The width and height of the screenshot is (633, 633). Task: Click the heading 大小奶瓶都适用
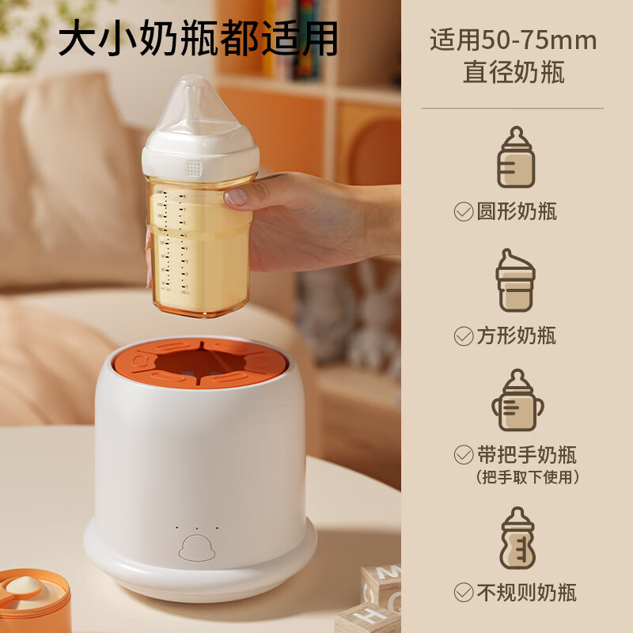[198, 38]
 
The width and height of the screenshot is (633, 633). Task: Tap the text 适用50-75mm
[513, 40]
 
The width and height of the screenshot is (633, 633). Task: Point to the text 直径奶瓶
[514, 72]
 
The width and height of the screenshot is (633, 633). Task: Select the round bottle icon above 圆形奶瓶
[516, 157]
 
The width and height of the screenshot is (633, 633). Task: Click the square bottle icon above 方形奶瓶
[516, 280]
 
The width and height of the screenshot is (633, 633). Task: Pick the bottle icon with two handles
[517, 400]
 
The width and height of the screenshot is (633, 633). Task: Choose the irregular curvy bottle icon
[517, 538]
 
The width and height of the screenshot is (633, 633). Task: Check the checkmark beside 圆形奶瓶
[464, 211]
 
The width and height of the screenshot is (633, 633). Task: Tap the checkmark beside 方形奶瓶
[464, 335]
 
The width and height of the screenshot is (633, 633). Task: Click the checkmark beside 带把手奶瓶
[464, 455]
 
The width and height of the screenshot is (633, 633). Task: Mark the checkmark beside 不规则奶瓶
[464, 592]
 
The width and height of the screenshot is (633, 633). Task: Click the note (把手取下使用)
[528, 477]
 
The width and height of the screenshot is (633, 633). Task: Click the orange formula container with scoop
[33, 601]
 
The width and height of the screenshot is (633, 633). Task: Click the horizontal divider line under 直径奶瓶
[513, 108]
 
